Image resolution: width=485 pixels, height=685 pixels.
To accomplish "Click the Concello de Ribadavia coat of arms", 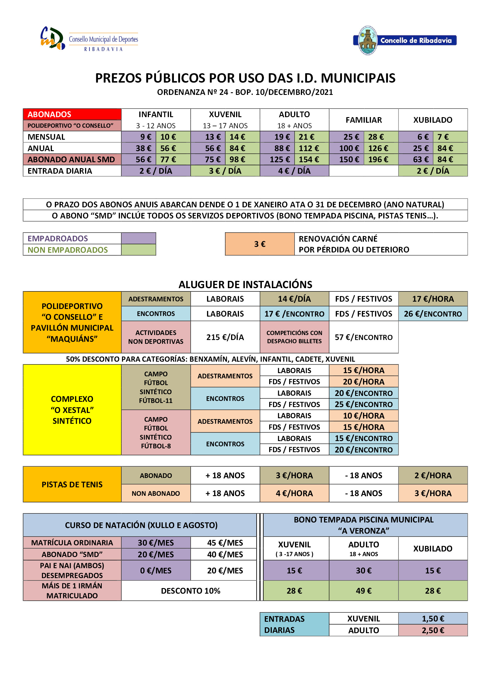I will point(367,40).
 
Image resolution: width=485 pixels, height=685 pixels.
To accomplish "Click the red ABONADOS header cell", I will point(72,114).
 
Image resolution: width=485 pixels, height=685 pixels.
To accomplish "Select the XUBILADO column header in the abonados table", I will point(433,120).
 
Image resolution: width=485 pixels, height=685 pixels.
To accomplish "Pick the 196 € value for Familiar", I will point(381,160).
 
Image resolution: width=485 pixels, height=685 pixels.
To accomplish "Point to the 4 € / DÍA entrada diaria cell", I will point(294,171).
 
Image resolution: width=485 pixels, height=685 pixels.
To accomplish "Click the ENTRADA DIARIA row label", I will point(72,171).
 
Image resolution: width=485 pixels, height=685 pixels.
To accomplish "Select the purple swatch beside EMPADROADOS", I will point(138,238).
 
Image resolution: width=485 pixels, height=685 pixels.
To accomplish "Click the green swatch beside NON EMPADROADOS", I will point(138,250).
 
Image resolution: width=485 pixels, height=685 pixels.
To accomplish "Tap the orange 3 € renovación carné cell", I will point(260,244).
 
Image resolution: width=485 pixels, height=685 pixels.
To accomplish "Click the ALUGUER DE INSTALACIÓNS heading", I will point(245,284).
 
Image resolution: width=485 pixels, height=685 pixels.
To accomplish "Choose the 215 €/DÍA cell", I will point(225,337).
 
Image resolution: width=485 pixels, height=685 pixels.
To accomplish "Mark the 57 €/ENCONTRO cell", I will point(363,337).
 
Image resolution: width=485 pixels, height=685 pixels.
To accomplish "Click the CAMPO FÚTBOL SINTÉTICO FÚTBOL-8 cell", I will point(156,432).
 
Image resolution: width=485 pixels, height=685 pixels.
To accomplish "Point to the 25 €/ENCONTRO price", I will point(363,404).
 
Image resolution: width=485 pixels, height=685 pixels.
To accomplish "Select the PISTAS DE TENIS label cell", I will point(72,484).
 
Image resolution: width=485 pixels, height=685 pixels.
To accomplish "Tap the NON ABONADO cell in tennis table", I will point(156,493).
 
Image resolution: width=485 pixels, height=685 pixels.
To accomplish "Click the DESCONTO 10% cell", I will point(190,591).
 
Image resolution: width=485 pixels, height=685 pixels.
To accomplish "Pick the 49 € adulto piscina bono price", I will point(363,591).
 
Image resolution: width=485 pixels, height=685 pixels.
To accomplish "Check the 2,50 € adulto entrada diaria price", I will point(433,631).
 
